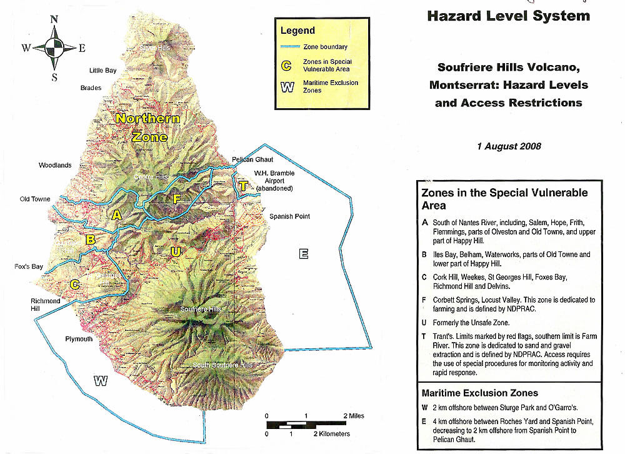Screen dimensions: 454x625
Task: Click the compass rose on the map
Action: click(54, 47)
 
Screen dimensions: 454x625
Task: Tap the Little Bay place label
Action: click(103, 71)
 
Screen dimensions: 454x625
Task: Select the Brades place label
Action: click(91, 88)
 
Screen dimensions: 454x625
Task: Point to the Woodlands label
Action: click(55, 166)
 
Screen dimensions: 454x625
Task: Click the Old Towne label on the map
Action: click(35, 199)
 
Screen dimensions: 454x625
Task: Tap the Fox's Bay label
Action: click(29, 267)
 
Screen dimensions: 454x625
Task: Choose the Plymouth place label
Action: click(79, 339)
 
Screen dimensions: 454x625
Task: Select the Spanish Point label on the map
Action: click(290, 216)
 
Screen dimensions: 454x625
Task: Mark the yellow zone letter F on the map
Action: click(177, 199)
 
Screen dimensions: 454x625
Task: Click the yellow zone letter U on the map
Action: click(176, 251)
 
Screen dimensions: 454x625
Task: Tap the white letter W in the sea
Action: click(99, 381)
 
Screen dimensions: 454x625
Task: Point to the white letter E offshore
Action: click(304, 253)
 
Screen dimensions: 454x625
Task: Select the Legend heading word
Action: click(297, 30)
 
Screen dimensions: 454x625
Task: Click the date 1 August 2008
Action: click(509, 146)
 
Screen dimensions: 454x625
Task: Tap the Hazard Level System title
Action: click(508, 16)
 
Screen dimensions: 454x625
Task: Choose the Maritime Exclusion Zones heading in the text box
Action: click(479, 393)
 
